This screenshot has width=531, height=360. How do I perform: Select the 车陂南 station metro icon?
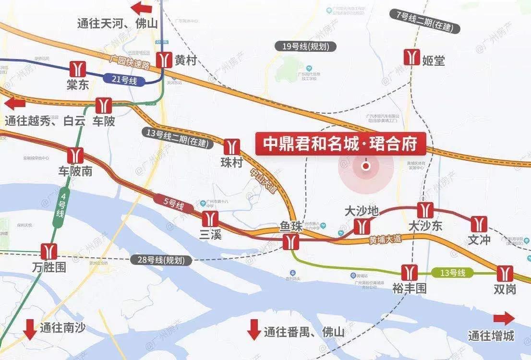[x=75, y=156]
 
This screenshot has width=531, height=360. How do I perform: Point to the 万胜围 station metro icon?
[x=48, y=252]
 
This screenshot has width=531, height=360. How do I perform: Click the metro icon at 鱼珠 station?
[x=290, y=242]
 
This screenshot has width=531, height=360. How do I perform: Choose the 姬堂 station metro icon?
[x=411, y=57]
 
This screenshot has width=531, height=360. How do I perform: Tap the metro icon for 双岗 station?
[x=504, y=273]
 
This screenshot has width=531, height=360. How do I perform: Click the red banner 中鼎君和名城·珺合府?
[x=340, y=143]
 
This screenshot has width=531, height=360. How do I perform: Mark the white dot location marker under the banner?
[x=366, y=166]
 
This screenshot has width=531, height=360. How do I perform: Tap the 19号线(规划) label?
[x=305, y=47]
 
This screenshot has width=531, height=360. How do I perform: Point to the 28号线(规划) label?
[x=161, y=260]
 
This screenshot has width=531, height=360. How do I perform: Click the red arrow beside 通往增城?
[x=504, y=319]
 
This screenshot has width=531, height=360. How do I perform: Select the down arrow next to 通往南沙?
[x=30, y=329]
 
